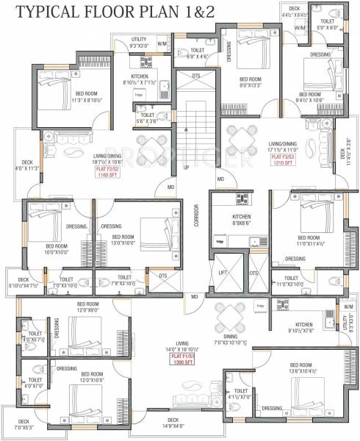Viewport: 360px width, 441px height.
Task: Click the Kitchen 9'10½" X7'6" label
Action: (304, 327)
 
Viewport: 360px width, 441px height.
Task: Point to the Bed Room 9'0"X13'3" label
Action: (251, 82)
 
